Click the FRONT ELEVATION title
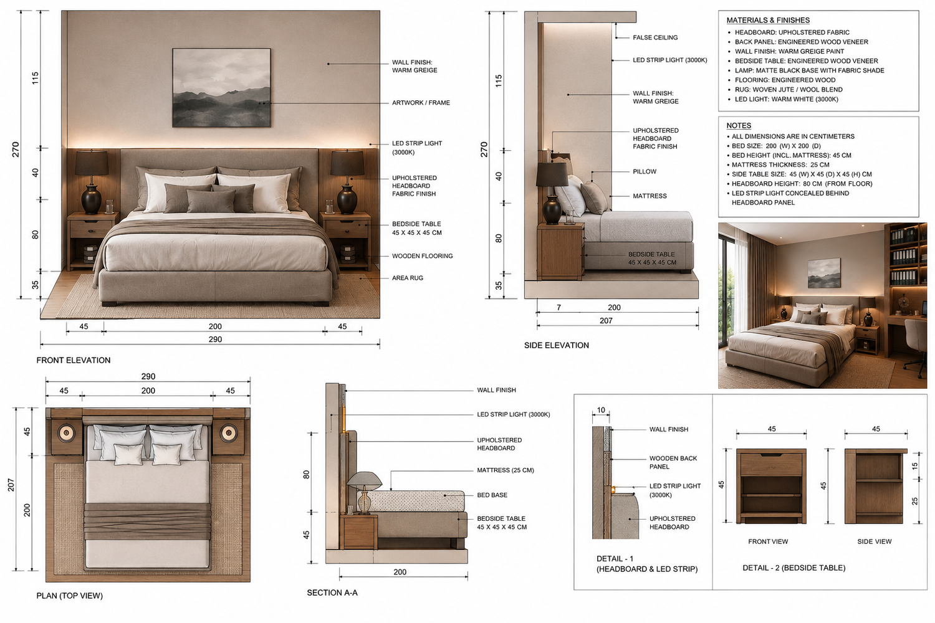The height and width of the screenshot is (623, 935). [x=74, y=360]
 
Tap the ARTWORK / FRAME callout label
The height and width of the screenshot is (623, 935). [x=421, y=103]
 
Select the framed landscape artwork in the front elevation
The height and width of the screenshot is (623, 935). [x=221, y=88]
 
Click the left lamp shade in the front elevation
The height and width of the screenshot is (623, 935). [x=92, y=163]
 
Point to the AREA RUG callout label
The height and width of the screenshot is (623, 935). [x=408, y=278]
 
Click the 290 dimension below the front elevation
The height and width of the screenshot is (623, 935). [x=215, y=340]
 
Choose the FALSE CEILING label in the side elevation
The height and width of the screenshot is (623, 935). [x=655, y=37]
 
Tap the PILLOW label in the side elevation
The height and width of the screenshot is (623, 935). [x=645, y=171]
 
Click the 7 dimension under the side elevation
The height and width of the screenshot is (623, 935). [x=559, y=308]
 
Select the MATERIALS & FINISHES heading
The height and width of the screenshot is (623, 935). [x=768, y=20]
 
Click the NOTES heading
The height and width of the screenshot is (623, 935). [x=739, y=126]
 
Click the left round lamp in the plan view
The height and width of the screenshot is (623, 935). [x=66, y=433]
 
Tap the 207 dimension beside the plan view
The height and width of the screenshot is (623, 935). [x=11, y=485]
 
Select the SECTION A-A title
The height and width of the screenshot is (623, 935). [x=332, y=592]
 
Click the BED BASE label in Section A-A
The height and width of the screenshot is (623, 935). [x=492, y=495]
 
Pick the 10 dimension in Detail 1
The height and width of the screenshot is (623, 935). [x=601, y=410]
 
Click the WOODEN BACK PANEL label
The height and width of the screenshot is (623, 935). [x=673, y=462]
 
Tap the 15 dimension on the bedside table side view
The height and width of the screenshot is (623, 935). [x=914, y=466]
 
